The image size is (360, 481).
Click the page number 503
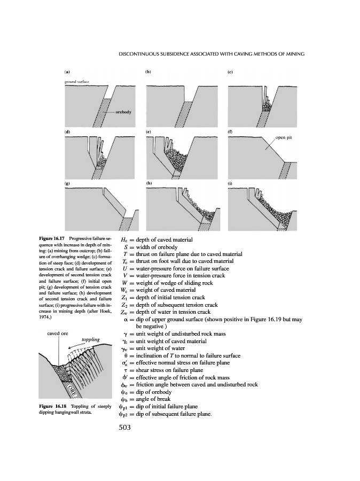click(x=123, y=428)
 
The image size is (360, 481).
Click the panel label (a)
click(x=66, y=71)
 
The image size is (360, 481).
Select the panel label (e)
click(x=148, y=131)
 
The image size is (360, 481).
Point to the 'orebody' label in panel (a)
click(x=123, y=113)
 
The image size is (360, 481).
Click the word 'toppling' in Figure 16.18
click(x=90, y=340)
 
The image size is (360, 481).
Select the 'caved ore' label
click(x=57, y=333)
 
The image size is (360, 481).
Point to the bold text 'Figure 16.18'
click(x=53, y=407)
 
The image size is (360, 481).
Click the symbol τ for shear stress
click(x=124, y=370)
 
